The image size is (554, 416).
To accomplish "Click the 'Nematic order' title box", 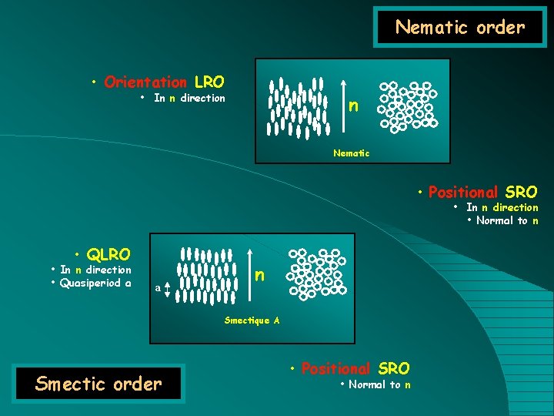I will (x=459, y=29).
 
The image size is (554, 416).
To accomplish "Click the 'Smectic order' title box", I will (x=99, y=383).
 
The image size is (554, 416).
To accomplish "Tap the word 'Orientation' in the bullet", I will (x=145, y=82).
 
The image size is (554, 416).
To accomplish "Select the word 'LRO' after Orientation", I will (x=209, y=82).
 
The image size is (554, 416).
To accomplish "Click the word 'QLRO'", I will (x=108, y=254).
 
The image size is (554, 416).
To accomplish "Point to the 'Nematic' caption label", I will (x=351, y=153).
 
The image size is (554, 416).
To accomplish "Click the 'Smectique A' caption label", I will (x=247, y=320).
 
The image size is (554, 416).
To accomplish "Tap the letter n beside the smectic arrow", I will (x=260, y=275).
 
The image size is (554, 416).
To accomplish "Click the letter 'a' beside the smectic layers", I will (x=158, y=287).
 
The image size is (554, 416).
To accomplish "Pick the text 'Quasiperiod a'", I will (x=95, y=283).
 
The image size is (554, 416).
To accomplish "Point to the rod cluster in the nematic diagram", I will (x=296, y=107).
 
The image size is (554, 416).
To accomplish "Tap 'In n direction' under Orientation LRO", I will (x=189, y=98).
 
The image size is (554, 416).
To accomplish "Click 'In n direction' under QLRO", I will (x=95, y=270).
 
